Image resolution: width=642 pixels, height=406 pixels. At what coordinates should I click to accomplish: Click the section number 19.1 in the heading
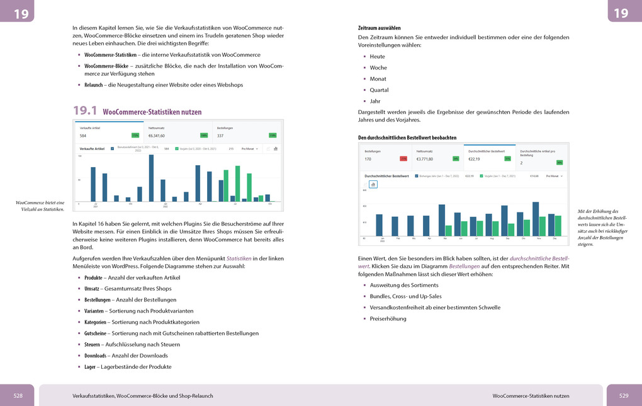pyautogui.click(x=85, y=111)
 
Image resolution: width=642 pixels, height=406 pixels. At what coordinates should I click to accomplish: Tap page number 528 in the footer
pyautogui.click(x=18, y=396)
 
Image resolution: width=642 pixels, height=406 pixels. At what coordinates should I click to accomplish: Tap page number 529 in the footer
pyautogui.click(x=623, y=396)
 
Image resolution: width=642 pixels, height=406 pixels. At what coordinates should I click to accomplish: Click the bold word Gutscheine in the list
pyautogui.click(x=95, y=333)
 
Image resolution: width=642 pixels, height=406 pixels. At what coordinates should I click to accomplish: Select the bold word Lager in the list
pyautogui.click(x=91, y=367)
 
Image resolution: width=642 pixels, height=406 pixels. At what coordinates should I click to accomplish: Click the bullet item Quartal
pyautogui.click(x=379, y=90)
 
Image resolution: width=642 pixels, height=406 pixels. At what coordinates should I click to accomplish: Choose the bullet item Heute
pyautogui.click(x=377, y=56)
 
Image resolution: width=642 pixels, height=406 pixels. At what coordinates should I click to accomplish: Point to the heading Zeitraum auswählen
pyautogui.click(x=379, y=28)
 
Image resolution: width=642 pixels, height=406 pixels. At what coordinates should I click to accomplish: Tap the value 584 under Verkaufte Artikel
pyautogui.click(x=82, y=136)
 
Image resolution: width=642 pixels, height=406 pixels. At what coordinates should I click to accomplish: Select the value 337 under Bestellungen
pyautogui.click(x=220, y=136)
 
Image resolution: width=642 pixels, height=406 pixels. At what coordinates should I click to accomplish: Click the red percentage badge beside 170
pyautogui.click(x=403, y=159)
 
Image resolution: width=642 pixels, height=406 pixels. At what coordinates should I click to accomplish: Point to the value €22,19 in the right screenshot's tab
pyautogui.click(x=474, y=159)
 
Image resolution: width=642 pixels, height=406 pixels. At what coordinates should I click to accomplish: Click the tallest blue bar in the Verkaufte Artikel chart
pyautogui.click(x=151, y=178)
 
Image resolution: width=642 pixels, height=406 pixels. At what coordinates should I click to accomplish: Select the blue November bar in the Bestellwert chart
pyautogui.click(x=536, y=219)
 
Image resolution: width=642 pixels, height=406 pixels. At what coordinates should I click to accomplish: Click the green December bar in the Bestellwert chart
pyautogui.click(x=558, y=226)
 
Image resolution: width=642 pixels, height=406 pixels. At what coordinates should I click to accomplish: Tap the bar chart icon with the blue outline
pyautogui.click(x=373, y=184)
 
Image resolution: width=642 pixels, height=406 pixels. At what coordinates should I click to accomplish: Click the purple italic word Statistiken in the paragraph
pyautogui.click(x=238, y=258)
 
